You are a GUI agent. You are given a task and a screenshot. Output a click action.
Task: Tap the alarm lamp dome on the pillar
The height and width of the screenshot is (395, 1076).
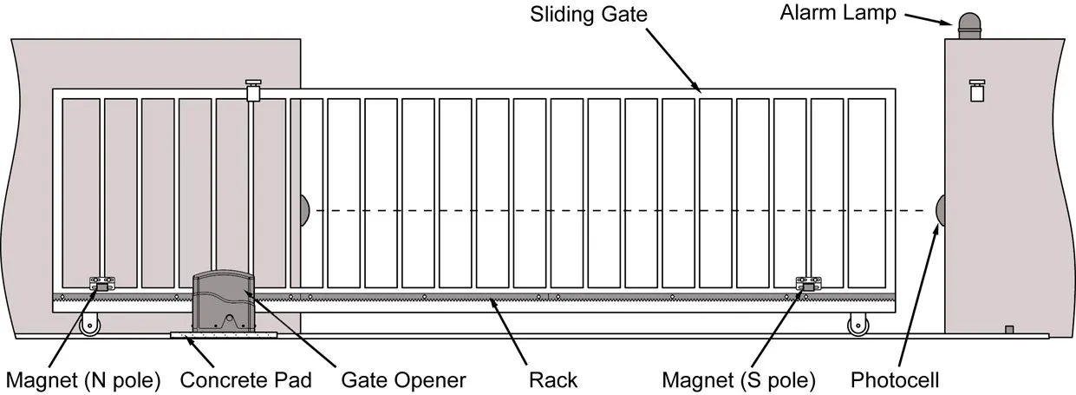pos(968,25)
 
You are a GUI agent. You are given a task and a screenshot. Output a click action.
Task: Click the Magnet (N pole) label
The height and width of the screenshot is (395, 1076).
pos(83,379)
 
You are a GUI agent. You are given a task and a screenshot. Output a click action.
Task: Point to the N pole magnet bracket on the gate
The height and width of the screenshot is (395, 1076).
pos(101,284)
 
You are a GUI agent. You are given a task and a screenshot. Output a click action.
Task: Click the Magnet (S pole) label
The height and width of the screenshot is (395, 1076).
pos(739,379)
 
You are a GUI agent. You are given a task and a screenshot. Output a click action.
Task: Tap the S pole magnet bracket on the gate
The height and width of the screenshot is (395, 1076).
pos(808,284)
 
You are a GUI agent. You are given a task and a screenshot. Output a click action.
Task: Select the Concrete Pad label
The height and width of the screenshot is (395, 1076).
pos(246,379)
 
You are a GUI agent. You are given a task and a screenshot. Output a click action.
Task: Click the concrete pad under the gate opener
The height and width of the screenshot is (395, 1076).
pos(225,335)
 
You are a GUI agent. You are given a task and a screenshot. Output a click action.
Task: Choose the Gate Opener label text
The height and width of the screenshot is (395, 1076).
pos(403,379)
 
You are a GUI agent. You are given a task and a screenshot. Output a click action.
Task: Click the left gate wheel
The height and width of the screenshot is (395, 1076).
pos(88,325)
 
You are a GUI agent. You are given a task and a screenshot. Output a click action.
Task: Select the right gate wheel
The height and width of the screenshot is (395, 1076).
pos(858,325)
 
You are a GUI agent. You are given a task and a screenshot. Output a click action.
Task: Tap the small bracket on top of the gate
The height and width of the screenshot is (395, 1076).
pos(254,89)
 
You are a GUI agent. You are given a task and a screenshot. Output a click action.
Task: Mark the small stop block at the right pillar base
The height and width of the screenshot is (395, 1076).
pos(1008,329)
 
